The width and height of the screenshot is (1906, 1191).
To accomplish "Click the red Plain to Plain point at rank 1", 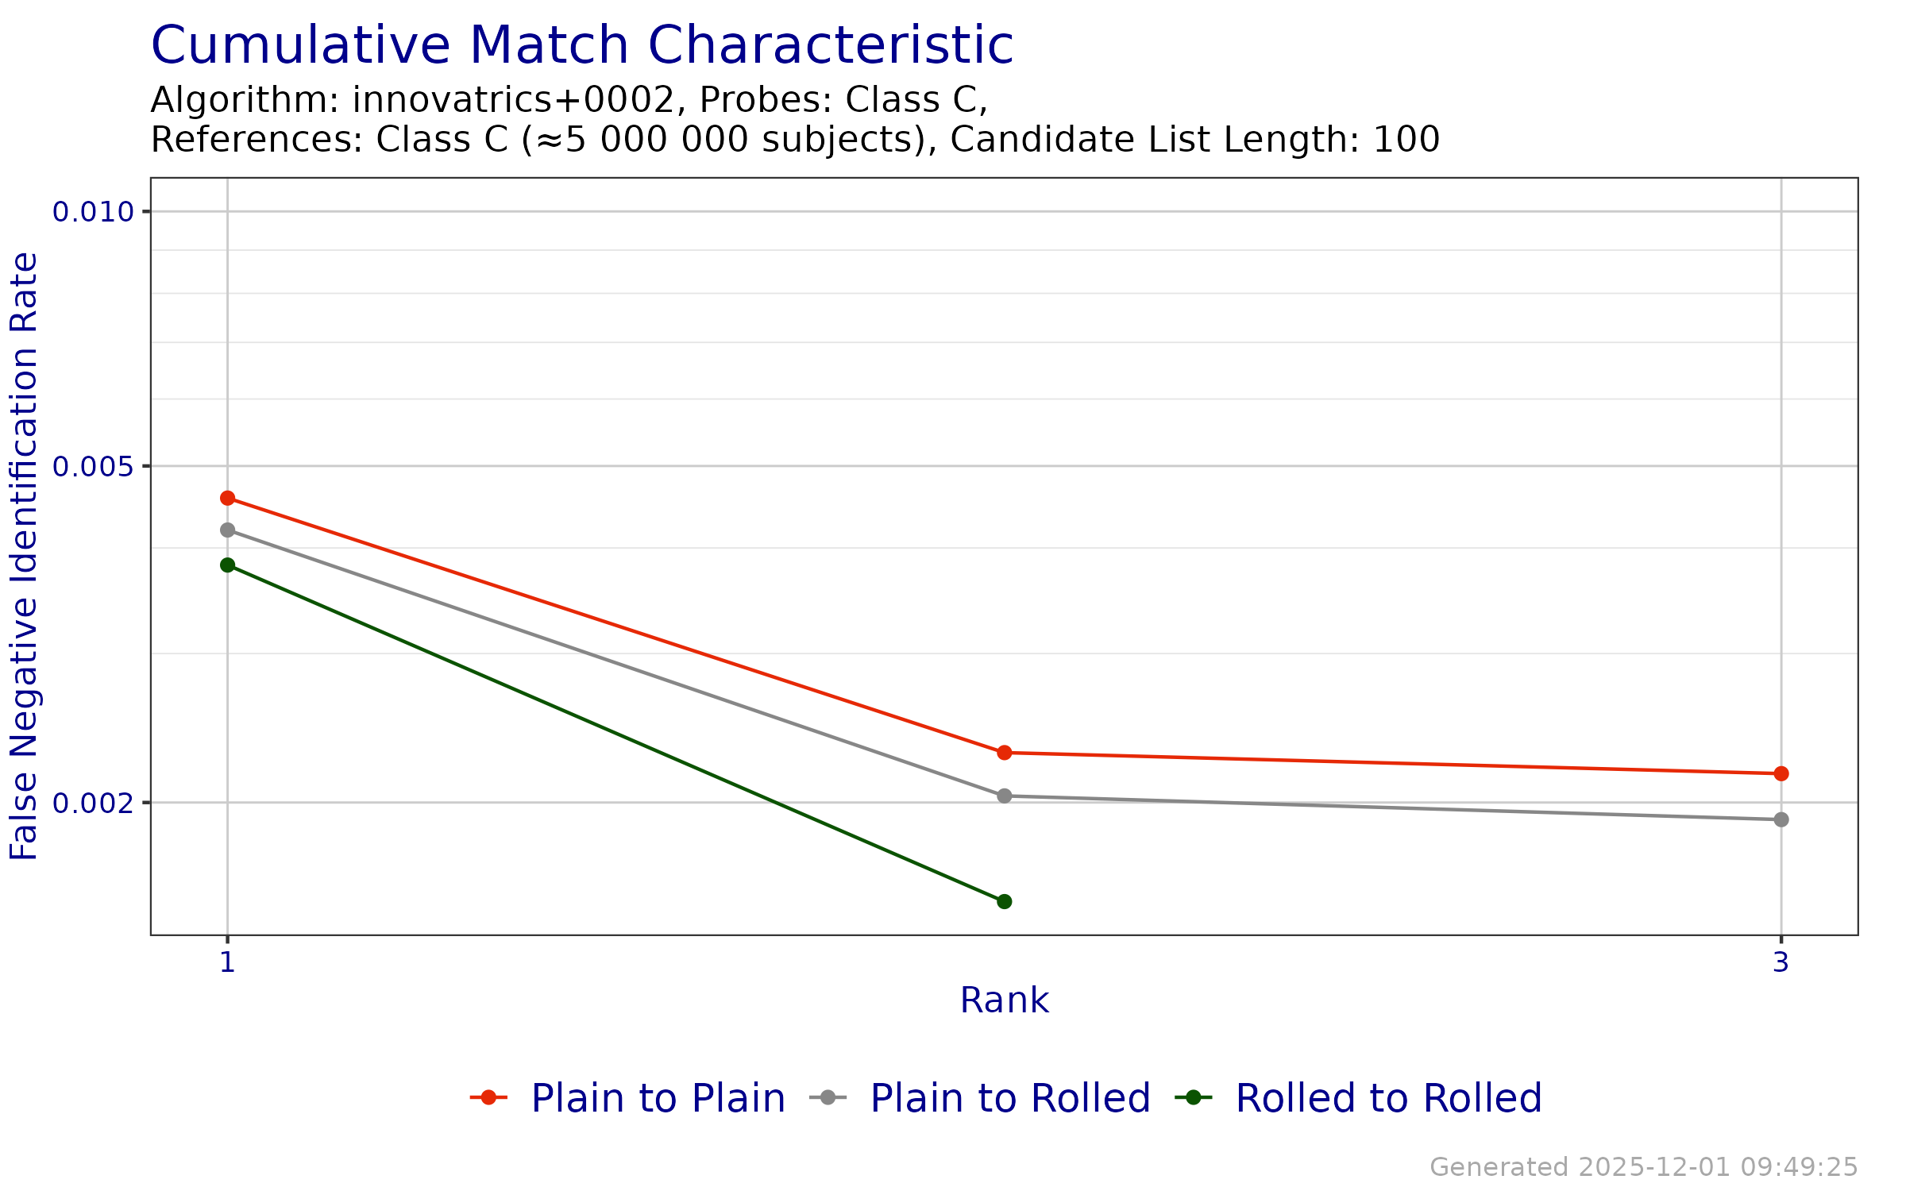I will (228, 498).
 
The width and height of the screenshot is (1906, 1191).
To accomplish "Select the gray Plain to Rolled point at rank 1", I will (228, 530).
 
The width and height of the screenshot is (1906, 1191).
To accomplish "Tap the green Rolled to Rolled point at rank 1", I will (228, 565).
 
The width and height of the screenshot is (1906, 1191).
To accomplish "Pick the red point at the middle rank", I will (1005, 752).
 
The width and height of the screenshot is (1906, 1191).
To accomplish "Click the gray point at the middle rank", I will (1005, 796).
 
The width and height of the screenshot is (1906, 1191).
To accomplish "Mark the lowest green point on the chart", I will (1005, 901).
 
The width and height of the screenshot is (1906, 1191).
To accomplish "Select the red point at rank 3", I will (1781, 773).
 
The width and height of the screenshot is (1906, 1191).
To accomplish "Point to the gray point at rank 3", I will (1781, 819).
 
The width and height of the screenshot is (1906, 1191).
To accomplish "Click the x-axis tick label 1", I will (228, 962).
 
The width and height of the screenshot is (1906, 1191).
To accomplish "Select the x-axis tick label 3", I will (1781, 962).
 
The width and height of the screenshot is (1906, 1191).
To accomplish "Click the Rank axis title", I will (1004, 1000).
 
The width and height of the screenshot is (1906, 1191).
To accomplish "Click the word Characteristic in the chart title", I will (831, 45).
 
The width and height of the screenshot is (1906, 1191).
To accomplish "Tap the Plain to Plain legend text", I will (658, 1098).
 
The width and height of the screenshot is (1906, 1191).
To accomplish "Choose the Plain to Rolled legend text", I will (1010, 1098).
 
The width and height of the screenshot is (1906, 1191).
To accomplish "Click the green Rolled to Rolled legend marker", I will (1193, 1097).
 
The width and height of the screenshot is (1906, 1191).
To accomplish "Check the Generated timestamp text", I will (1643, 1167).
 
